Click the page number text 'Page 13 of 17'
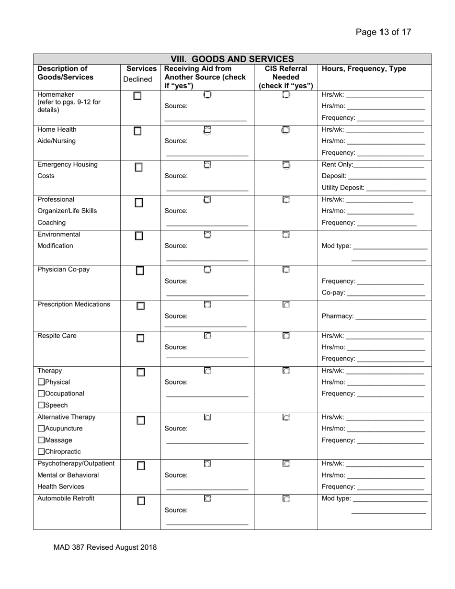(x=383, y=32)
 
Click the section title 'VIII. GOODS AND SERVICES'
(x=232, y=59)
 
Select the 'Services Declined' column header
(x=141, y=74)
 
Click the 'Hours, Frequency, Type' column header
(x=364, y=69)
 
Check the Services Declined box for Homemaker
(x=138, y=96)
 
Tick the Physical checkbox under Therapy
(x=41, y=382)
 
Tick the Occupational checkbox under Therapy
(x=41, y=394)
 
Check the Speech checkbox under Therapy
(x=41, y=405)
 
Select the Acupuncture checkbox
(x=41, y=429)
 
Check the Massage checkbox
(x=41, y=440)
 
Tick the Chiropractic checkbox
(x=41, y=452)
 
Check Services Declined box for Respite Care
(x=140, y=338)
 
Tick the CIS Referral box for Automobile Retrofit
(x=286, y=498)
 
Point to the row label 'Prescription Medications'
(x=74, y=305)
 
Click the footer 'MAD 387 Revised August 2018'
(x=105, y=547)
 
